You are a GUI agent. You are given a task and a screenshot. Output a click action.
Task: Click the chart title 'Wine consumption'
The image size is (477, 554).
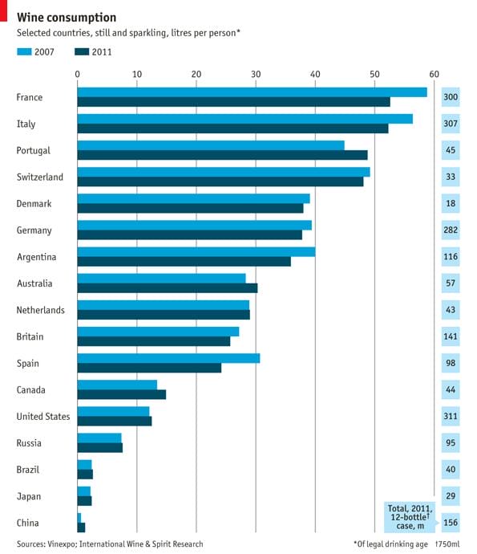67,17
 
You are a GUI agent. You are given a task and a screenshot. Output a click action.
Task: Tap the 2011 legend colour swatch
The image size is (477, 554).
83,52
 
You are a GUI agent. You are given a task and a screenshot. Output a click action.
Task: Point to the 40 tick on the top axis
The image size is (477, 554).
315,75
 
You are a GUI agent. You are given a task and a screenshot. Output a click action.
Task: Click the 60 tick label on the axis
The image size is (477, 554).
435,75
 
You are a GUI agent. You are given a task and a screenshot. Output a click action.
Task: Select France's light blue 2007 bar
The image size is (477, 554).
252,92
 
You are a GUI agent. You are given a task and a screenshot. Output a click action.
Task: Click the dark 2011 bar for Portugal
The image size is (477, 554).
222,155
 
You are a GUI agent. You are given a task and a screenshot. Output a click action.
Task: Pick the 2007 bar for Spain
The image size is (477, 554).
168,358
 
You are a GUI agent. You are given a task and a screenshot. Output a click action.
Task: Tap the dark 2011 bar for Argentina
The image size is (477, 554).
184,261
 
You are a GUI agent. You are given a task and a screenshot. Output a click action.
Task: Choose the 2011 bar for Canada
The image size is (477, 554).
121,394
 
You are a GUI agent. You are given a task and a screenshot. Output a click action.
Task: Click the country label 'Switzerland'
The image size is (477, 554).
40,177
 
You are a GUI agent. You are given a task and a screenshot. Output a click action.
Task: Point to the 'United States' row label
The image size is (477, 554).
43,416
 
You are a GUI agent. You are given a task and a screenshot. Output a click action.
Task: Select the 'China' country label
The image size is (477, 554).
29,523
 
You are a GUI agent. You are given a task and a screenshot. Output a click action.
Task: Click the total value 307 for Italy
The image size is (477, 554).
450,124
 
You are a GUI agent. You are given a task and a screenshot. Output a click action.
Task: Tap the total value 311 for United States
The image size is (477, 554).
450,416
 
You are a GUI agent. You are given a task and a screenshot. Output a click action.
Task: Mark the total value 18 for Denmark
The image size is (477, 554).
450,203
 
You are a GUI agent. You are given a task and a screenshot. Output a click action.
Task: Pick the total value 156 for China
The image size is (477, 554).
450,523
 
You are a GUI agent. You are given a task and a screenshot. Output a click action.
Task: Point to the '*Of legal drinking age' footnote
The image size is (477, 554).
390,544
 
